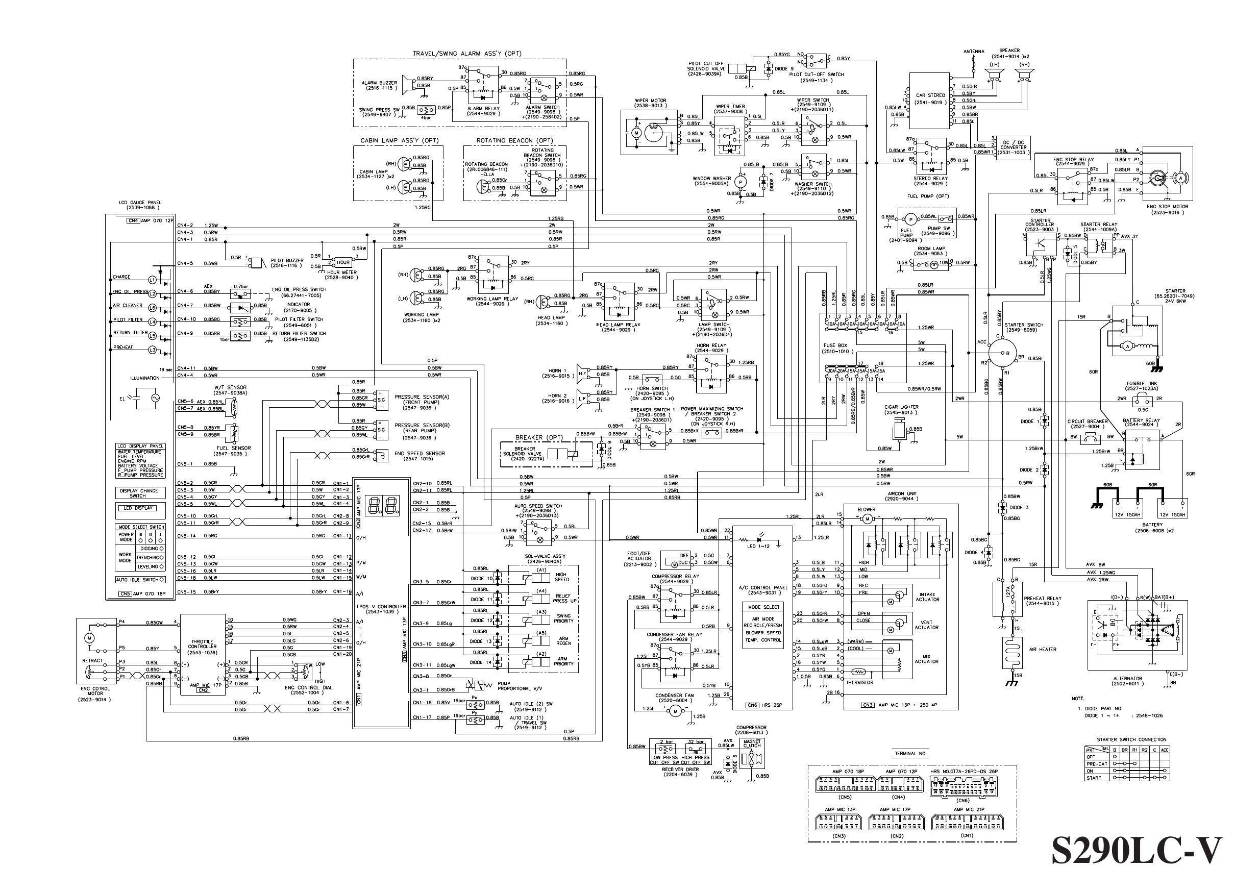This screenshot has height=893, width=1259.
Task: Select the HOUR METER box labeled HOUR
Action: (343, 262)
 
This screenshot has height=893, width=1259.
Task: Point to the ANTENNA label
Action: (974, 52)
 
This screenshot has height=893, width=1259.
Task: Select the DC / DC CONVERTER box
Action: (1013, 147)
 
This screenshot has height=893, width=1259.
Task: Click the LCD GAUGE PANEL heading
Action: (140, 205)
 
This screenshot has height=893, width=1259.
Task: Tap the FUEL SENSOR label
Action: (234, 448)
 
